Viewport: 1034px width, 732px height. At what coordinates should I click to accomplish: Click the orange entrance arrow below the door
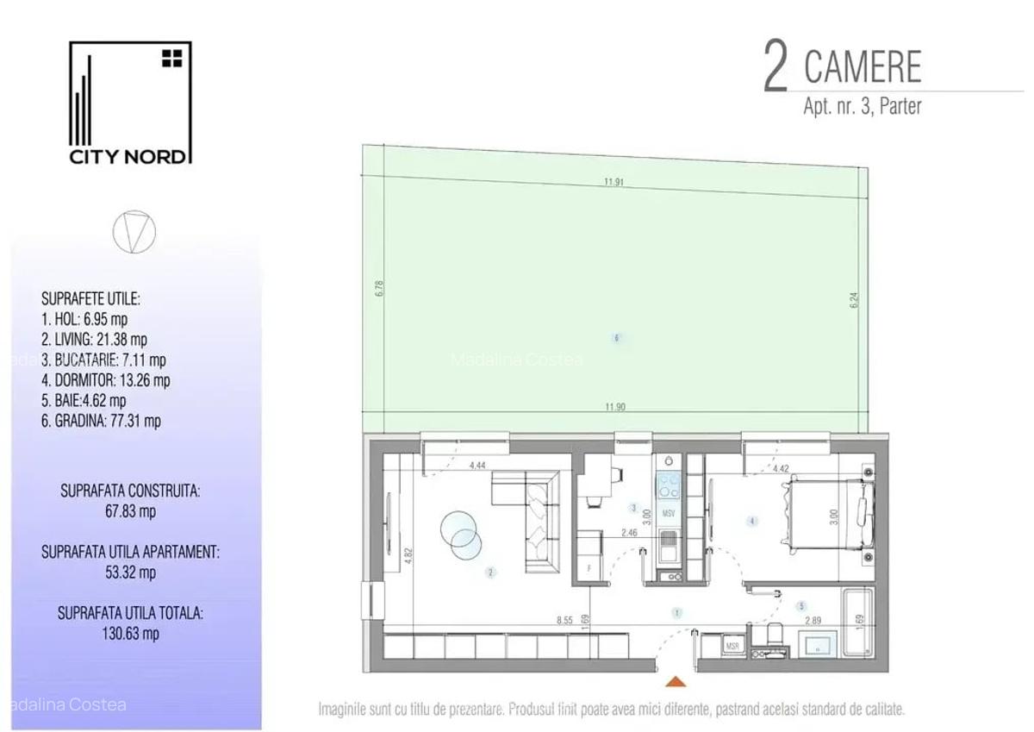pos(678,682)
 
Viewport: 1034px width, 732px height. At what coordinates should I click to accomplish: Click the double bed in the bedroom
pos(825,514)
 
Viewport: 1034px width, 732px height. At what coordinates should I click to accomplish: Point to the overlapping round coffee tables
pos(460,529)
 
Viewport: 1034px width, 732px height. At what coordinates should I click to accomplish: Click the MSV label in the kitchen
pos(669,514)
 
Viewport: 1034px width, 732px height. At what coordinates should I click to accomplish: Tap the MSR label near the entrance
pos(733,646)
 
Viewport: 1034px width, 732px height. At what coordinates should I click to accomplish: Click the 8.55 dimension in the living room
pos(564,619)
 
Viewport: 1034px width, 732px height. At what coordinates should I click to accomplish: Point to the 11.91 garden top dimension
pos(614,182)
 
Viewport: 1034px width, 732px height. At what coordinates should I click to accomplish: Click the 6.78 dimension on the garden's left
pos(378,288)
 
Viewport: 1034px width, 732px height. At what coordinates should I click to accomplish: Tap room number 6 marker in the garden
pos(617,338)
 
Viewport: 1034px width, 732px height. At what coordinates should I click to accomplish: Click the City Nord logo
pos(130,103)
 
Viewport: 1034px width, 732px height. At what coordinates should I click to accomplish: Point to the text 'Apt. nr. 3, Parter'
pos(862,107)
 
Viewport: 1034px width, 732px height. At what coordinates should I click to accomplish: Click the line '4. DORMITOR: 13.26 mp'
pos(105,380)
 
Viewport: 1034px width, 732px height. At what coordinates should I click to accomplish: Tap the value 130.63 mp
pos(130,634)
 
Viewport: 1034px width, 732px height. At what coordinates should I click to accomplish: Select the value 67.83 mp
pos(130,510)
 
